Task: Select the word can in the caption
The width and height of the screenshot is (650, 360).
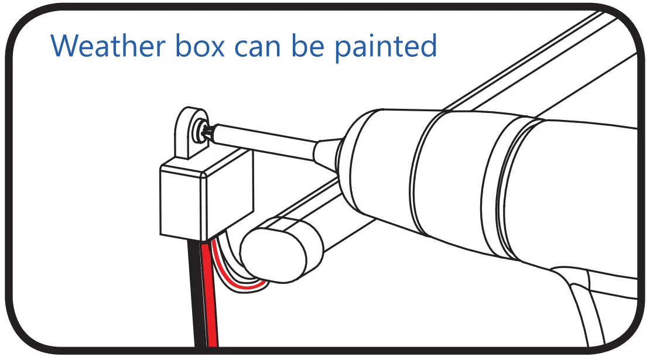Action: tap(259, 47)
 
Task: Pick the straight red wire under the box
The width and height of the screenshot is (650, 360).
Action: tap(210, 293)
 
